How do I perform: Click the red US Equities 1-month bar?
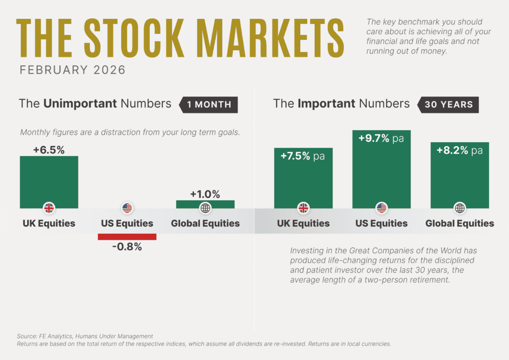(127, 237)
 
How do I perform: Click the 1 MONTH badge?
(208, 104)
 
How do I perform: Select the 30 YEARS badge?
(448, 104)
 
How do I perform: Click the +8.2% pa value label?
(459, 150)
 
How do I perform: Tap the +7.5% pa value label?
(303, 156)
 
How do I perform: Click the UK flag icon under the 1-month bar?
(49, 208)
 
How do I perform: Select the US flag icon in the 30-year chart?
(381, 208)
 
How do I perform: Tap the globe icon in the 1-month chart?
(205, 208)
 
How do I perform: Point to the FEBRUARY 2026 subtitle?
(73, 70)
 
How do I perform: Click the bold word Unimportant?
(80, 103)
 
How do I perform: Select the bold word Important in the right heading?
(327, 103)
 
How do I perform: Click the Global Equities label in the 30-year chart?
(459, 223)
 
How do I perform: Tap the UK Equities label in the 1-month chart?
(49, 223)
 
